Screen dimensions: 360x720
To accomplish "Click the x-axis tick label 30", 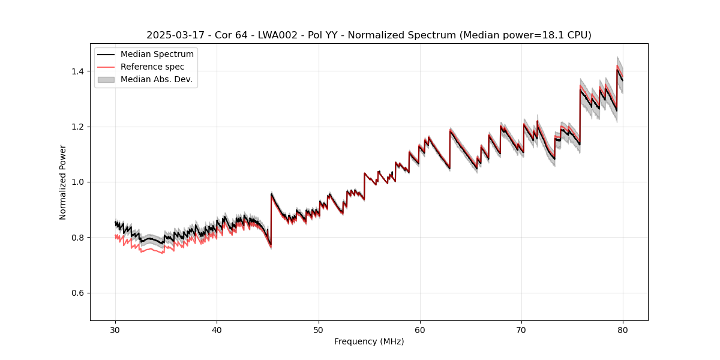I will click(115, 329).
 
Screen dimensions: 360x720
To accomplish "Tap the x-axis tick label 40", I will click(217, 329).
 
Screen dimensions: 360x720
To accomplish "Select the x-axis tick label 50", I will click(319, 329).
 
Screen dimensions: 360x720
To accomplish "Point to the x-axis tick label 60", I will click(420, 329).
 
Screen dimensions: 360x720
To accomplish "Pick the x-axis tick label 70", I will click(521, 329).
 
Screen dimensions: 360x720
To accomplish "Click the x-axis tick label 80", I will click(623, 329).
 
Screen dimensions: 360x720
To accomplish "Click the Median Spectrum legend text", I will click(157, 55).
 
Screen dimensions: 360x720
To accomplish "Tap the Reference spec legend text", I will click(152, 67).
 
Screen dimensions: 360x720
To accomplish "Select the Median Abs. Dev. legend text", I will click(156, 79).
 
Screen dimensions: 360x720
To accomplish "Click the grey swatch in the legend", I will click(107, 79).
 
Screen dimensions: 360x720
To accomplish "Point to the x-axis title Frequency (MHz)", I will click(369, 341).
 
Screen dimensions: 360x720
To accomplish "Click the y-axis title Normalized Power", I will click(62, 182).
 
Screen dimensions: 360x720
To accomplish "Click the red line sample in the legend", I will click(107, 67).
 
